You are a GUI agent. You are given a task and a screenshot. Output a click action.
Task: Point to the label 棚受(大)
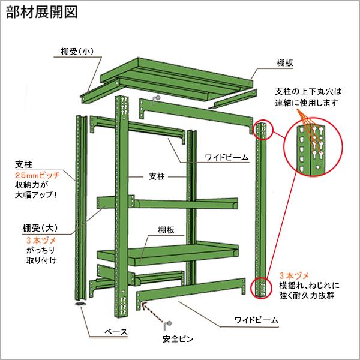click(x=37, y=227)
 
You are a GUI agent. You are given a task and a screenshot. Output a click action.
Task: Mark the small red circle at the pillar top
click(x=263, y=130)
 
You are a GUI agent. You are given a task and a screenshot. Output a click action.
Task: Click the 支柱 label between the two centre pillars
click(x=157, y=177)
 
